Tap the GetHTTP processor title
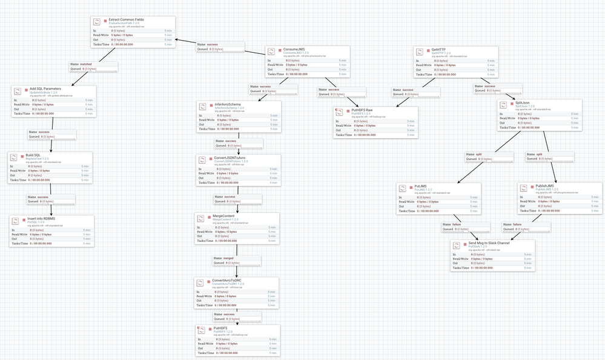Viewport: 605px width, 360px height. [441, 49]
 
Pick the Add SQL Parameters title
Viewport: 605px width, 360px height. [45, 88]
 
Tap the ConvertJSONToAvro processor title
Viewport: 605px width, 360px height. [230, 158]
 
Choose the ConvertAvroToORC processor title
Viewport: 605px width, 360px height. [228, 281]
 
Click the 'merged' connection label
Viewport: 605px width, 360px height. [228, 258]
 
